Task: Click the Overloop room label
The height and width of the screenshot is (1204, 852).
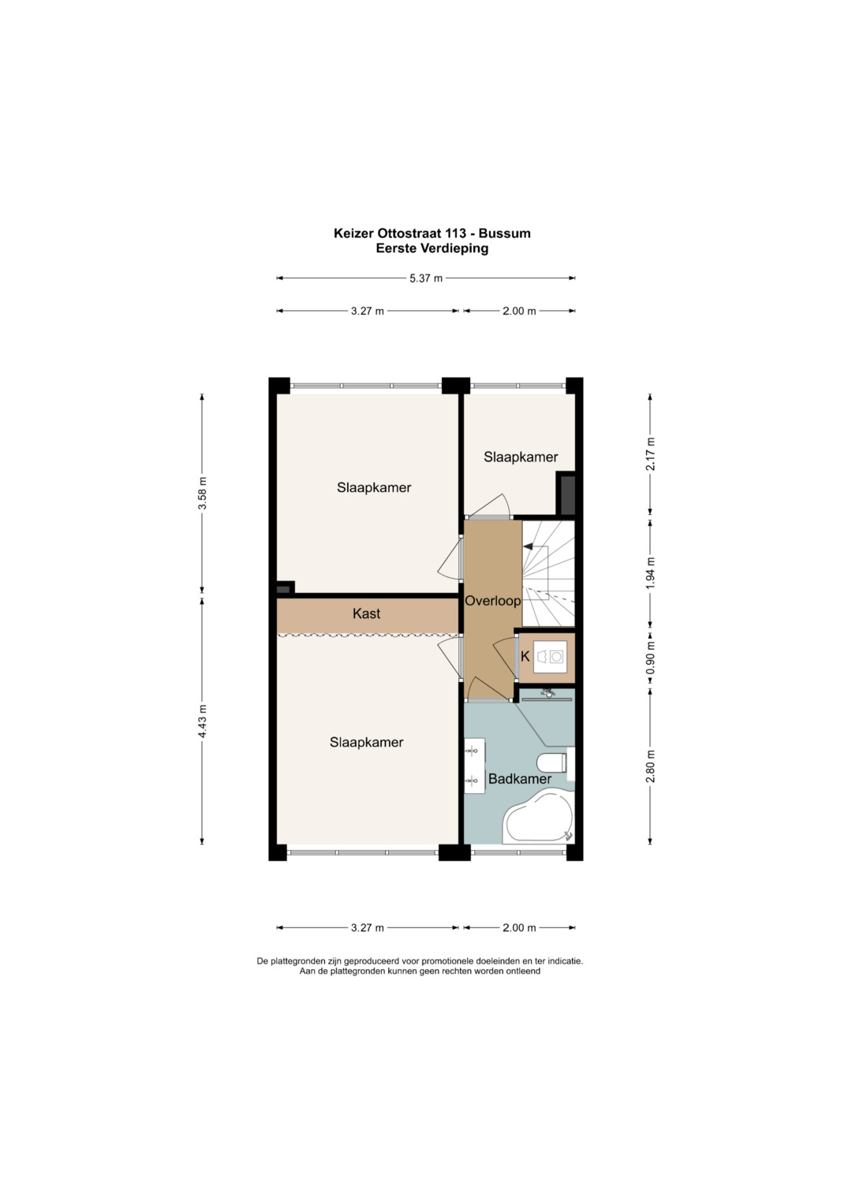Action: [492, 602]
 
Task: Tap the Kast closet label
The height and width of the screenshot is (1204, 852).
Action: [366, 613]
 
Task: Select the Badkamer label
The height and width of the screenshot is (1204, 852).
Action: [520, 779]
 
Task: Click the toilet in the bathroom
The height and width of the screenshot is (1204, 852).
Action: [551, 762]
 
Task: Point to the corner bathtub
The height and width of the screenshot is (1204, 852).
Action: [539, 816]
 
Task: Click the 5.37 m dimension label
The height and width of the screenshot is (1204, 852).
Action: [426, 278]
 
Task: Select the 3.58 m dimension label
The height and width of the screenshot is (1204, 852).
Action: [202, 493]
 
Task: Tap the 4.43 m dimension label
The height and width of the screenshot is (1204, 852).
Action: [202, 721]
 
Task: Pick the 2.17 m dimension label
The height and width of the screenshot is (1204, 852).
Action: [650, 453]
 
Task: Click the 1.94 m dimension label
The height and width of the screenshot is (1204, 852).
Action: [650, 573]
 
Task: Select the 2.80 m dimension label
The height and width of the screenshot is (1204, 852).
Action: [650, 766]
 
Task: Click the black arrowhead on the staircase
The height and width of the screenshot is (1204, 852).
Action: [528, 546]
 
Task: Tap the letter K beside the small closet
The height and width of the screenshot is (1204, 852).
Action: [525, 656]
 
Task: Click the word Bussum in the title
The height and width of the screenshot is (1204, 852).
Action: [505, 233]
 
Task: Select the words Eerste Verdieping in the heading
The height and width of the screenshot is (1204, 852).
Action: [432, 248]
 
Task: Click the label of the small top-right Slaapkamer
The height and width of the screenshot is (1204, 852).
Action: [521, 457]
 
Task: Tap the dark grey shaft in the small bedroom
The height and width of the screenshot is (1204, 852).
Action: [566, 494]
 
